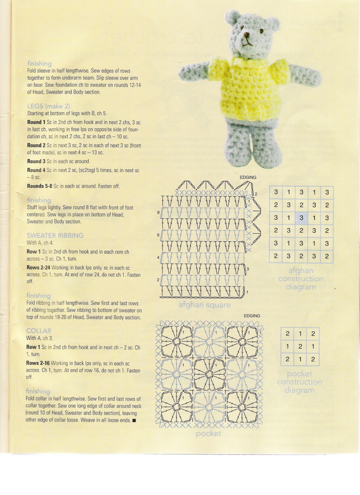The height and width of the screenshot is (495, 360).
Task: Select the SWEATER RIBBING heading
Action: coord(55,235)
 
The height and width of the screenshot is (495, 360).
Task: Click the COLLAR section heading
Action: coord(38,331)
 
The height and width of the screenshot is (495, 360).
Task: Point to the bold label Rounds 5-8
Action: coord(40,186)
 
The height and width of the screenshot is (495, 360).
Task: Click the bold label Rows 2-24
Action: coord(38,268)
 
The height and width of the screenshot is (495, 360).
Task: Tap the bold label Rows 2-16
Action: coord(38,363)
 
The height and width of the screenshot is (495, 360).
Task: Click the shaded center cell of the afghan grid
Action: coord(301,218)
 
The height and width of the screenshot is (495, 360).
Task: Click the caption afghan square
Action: coord(204,305)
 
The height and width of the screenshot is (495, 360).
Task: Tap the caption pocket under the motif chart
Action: coord(209,433)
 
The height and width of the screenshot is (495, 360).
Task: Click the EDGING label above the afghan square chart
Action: coord(248,177)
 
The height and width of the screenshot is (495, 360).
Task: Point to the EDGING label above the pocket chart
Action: coord(252,316)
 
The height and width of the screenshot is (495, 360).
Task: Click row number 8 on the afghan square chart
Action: coord(158,212)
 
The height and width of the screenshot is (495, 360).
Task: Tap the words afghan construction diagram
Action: coord(301,279)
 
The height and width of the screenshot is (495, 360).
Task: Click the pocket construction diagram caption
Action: coord(299,382)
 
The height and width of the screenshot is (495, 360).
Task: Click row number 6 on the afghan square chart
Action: coord(158,235)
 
